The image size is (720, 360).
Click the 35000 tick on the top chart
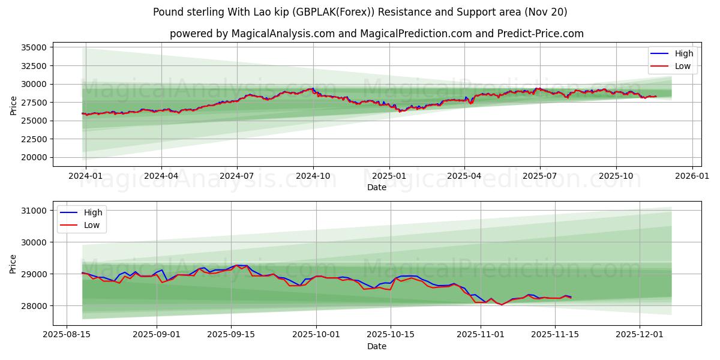(33, 47)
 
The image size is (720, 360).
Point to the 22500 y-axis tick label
(33, 139)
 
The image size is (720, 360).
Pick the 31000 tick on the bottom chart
(33, 211)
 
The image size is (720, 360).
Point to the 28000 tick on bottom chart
(33, 306)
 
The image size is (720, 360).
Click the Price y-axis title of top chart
(13, 106)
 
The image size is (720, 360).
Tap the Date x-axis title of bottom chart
(377, 347)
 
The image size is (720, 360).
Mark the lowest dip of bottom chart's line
(502, 305)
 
